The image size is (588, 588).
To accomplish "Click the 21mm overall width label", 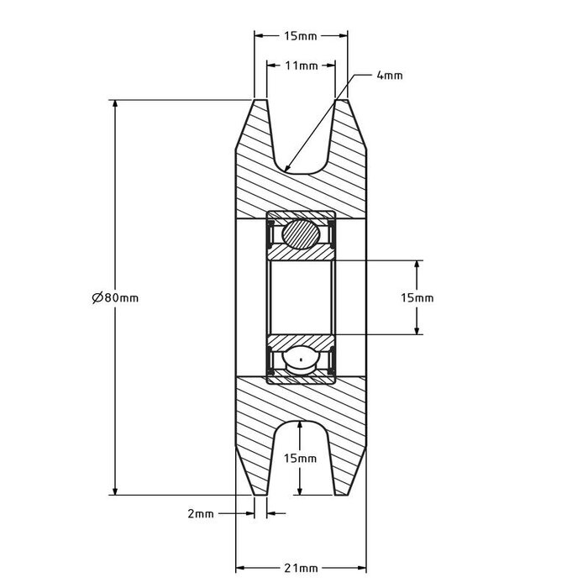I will tap(301, 569).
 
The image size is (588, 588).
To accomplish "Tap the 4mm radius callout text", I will tap(390, 76).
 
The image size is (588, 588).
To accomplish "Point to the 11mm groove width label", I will tap(301, 65).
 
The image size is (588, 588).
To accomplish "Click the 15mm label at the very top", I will tap(301, 36).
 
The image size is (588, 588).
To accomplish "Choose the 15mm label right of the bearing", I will tap(417, 297).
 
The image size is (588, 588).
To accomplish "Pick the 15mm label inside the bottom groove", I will tap(301, 459).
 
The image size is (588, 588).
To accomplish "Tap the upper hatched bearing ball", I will tap(301, 234).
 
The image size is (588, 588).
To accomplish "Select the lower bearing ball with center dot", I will tap(301, 361).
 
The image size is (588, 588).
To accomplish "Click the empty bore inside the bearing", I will tap(301, 297).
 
